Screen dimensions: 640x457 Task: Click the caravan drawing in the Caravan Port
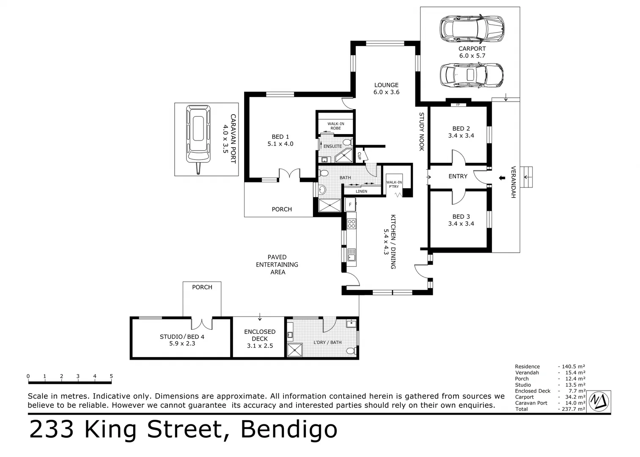tap(198, 139)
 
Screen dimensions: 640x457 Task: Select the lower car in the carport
tap(471, 75)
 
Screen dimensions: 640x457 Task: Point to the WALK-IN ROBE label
tap(336, 126)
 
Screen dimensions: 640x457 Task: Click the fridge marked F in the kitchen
tap(350, 205)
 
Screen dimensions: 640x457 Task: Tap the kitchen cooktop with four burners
tap(352, 223)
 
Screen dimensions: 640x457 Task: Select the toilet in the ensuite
tap(347, 142)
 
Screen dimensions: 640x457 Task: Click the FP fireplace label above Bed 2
tap(458, 105)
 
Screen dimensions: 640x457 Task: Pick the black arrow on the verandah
tap(502, 178)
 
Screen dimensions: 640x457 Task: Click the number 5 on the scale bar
tap(111, 376)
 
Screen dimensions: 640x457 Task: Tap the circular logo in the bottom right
tap(599, 401)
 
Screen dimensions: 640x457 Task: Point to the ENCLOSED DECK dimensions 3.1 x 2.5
tap(260, 346)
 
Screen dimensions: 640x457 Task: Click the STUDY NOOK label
tap(421, 132)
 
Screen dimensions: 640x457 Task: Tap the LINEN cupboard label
tap(361, 191)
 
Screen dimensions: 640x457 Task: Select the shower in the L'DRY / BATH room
tap(294, 350)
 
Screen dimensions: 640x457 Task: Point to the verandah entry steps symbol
tap(526, 177)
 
